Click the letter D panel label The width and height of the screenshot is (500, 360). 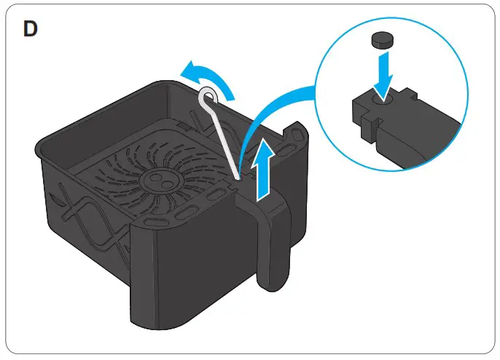(x=31, y=30)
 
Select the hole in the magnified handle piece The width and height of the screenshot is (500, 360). (x=383, y=98)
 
